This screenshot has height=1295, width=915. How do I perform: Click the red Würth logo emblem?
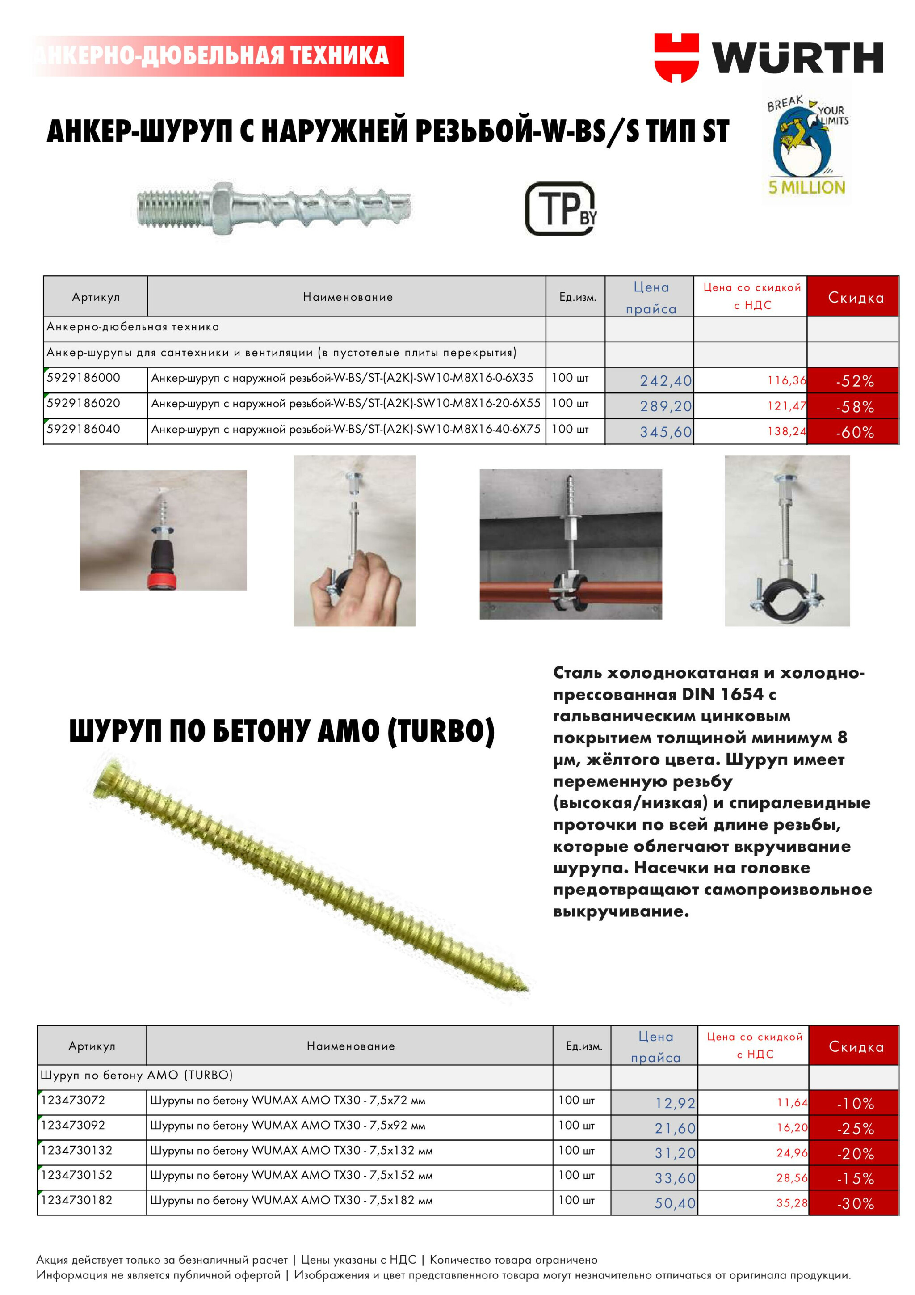676,58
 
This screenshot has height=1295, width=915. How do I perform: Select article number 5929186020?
84,403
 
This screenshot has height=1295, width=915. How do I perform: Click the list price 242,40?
665,381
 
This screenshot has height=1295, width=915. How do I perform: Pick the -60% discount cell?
854,432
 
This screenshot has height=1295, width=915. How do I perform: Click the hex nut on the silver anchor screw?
220,207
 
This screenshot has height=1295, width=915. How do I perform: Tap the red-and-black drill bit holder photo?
163,530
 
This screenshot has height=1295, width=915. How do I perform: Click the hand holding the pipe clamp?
361,590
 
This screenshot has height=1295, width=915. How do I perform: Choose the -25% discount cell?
855,1129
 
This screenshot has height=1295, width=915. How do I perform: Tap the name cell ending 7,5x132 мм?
291,1151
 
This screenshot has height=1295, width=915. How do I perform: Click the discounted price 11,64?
792,1103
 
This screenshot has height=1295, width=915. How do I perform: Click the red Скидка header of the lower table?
855,1047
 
